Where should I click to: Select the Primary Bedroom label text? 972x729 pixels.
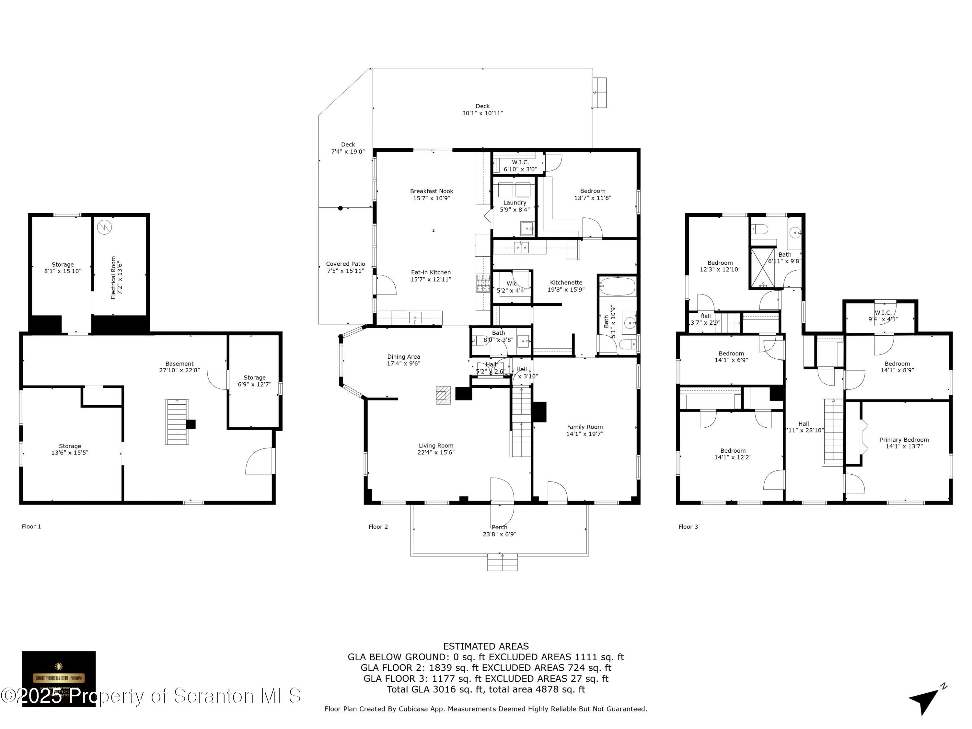(x=904, y=443)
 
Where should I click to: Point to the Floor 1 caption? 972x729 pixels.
(x=31, y=526)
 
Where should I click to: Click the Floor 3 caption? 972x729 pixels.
(x=688, y=527)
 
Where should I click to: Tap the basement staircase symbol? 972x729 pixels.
(x=177, y=422)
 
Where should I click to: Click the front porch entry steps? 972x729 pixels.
(x=502, y=562)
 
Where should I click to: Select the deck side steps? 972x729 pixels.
(x=600, y=93)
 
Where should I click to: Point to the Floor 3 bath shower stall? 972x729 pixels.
(x=763, y=268)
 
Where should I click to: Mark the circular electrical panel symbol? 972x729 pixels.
(x=105, y=227)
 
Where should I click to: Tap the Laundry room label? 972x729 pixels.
(x=515, y=206)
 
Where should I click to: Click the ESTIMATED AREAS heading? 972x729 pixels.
(x=486, y=646)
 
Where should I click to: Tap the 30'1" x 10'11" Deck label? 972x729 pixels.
(x=482, y=110)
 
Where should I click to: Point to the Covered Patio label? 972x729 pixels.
(x=345, y=267)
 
